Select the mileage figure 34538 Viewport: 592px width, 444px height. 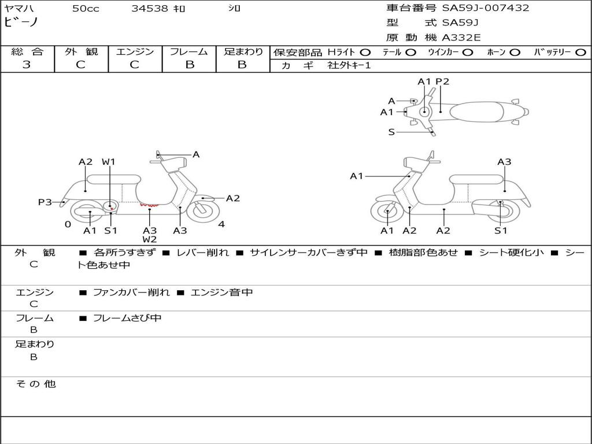point(150,9)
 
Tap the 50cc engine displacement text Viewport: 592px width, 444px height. point(86,9)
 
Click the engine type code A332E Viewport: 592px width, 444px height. point(461,38)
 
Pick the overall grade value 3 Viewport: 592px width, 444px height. point(27,65)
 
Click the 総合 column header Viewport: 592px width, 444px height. point(27,51)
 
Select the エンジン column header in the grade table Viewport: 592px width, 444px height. point(135,51)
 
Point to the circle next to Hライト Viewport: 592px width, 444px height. point(365,52)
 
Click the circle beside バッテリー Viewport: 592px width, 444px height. point(581,52)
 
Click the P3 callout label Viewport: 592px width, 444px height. point(45,202)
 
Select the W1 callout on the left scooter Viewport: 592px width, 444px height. point(109,162)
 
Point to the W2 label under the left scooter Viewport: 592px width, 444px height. point(150,239)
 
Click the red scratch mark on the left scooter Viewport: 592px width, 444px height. point(149,204)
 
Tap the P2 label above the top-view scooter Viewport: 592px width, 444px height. point(442,82)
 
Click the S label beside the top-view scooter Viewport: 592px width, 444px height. point(391,132)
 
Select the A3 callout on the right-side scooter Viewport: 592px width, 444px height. point(504,162)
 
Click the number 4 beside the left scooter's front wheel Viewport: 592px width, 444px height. point(221,224)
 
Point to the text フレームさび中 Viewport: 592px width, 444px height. point(127,318)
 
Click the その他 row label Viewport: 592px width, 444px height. point(35,384)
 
